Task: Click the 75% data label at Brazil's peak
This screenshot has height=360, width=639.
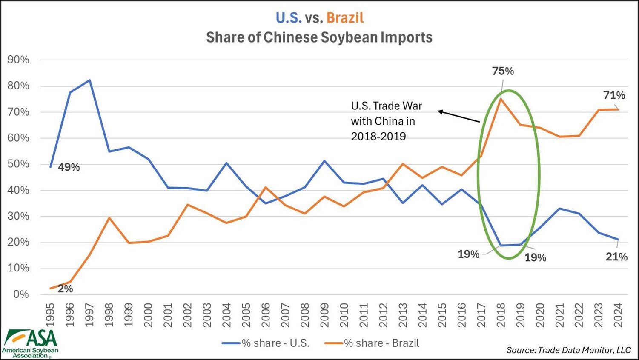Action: coord(503,71)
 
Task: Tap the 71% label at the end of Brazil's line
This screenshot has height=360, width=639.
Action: coord(614,95)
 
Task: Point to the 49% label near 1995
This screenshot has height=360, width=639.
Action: coord(69,167)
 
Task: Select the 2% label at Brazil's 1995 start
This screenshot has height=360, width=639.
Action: coord(65,289)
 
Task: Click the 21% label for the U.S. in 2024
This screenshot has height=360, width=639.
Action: coord(616,257)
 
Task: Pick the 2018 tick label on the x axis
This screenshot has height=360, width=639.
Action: coord(501,315)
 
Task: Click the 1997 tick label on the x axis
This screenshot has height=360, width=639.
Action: coord(89,315)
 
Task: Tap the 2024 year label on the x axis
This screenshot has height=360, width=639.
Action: coord(619,315)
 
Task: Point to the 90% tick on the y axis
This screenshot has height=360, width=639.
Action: coord(18,60)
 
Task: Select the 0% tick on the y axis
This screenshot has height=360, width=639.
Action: coord(21,294)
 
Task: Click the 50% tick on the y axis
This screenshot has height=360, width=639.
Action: coord(18,164)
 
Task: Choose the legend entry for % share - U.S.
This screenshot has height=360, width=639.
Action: coord(266,343)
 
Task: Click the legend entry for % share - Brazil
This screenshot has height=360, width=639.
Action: coord(372,343)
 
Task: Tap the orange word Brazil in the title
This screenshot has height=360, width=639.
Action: coord(345,18)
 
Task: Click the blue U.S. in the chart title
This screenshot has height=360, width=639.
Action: coord(289,18)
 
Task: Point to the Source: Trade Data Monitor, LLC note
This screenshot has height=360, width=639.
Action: coord(568,350)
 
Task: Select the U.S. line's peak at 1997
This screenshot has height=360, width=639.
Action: coord(89,80)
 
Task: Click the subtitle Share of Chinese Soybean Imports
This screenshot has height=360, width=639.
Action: coord(319,37)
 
